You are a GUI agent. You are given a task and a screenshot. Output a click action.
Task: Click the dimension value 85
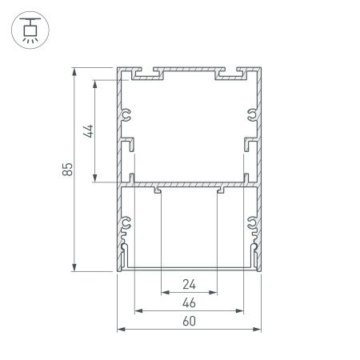coord(68,169)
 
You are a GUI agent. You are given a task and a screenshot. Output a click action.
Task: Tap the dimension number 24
coord(189,284)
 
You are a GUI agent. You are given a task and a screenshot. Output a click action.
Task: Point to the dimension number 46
coord(189,302)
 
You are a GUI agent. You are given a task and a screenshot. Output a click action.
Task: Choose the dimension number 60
coord(189,322)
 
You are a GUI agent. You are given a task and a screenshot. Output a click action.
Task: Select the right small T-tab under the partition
coord(218,190)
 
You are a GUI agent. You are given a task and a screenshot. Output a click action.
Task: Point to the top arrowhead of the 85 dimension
coord(74,73)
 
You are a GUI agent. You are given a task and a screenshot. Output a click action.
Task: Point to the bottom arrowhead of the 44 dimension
coord(96,179)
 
